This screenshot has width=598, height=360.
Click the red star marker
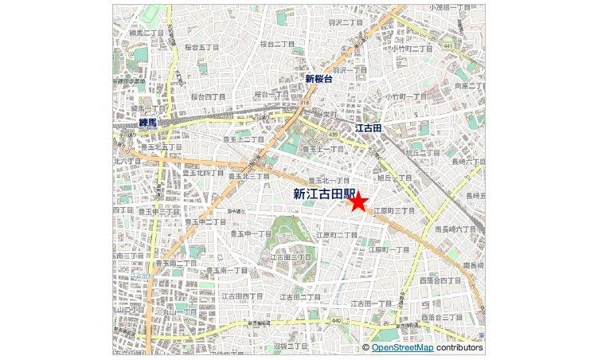pos(358,202)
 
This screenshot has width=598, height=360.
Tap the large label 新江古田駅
pos(322,194)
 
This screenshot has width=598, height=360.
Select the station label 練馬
pos(148,123)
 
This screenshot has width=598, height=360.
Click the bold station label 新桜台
pos(319,79)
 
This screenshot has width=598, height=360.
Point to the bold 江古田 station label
pos(369,128)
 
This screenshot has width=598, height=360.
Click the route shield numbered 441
pos(448,45)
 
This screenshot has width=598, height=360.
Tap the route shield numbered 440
pos(337,320)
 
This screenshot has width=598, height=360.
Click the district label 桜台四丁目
pos(209,96)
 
